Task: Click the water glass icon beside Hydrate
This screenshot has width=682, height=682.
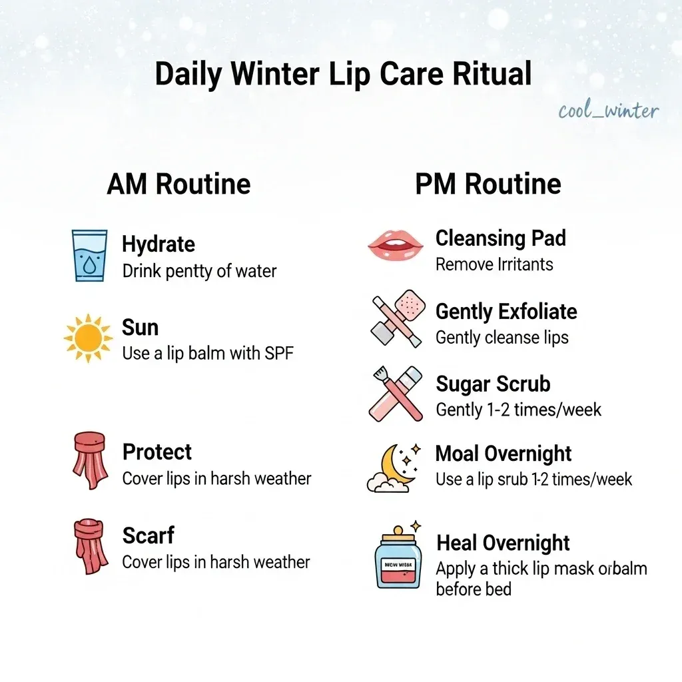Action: tap(89, 256)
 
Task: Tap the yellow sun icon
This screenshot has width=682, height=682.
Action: tap(89, 339)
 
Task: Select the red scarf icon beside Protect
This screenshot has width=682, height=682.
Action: tap(89, 460)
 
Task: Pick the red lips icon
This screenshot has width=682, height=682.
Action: tap(396, 245)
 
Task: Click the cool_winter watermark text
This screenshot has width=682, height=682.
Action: tap(609, 111)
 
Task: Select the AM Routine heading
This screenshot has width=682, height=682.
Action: tap(178, 184)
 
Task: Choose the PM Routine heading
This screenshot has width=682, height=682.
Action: tap(488, 184)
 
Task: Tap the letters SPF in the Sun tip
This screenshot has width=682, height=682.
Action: tap(279, 353)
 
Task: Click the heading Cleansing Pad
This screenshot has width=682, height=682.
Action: tap(500, 238)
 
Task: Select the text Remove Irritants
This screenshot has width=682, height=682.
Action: tap(494, 264)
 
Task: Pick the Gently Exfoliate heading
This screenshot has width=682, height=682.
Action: tap(506, 311)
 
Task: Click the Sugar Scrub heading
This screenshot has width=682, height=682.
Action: tap(493, 384)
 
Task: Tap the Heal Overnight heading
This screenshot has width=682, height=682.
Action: tap(503, 543)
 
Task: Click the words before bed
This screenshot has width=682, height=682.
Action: tap(474, 589)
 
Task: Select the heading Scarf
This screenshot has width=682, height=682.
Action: tap(148, 535)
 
